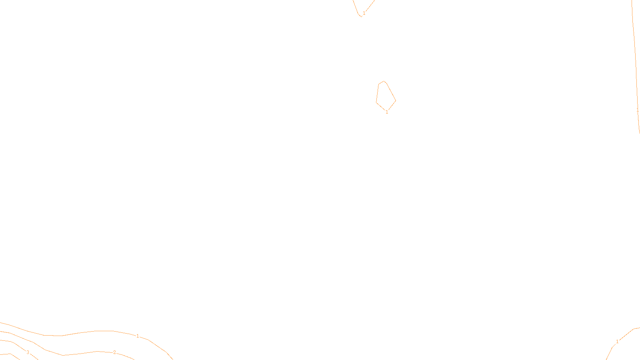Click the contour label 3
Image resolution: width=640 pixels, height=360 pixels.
click(x=28, y=352)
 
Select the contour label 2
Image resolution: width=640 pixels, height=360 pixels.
click(x=114, y=352)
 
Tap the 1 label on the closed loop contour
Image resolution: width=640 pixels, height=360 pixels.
click(x=387, y=112)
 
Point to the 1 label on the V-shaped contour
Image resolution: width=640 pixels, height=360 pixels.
click(x=364, y=13)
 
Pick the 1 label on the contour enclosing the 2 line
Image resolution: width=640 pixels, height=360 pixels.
click(x=138, y=336)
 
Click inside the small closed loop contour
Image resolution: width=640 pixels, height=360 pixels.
click(x=385, y=96)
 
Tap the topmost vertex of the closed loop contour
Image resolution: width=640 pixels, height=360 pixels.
click(x=384, y=81)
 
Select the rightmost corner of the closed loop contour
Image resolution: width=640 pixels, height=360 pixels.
click(x=396, y=100)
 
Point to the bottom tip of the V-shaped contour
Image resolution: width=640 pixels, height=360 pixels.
click(x=361, y=16)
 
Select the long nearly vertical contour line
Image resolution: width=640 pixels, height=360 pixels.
click(x=635, y=60)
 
